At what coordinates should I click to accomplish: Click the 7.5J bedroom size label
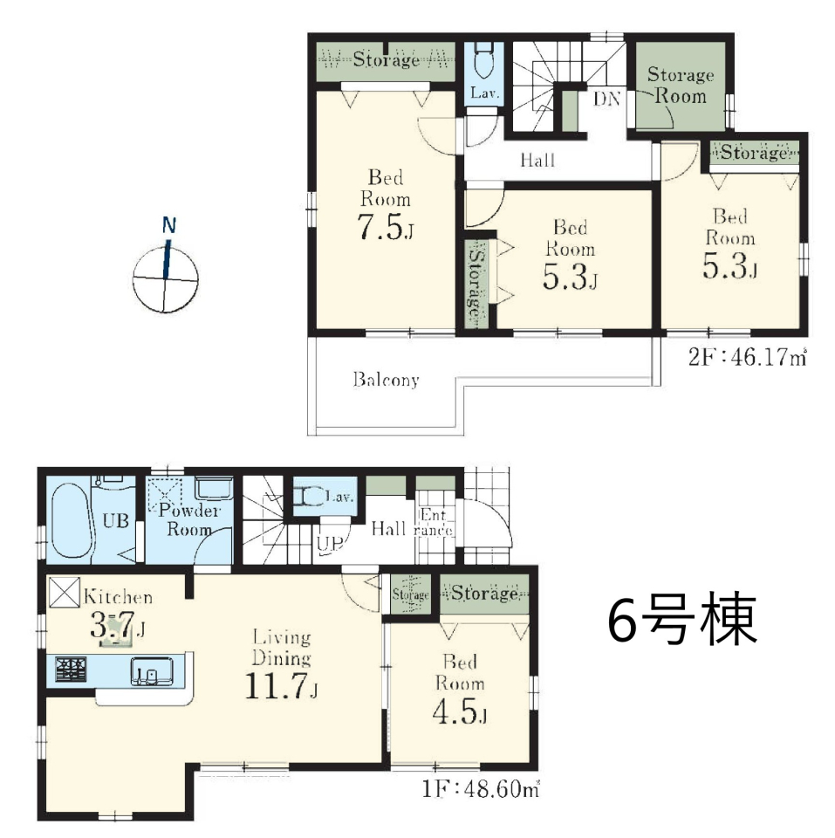click(385, 228)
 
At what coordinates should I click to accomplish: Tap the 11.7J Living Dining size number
click(281, 686)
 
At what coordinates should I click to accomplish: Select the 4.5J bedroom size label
click(460, 711)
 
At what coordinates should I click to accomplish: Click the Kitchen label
click(118, 596)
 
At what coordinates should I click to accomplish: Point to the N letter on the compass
click(168, 225)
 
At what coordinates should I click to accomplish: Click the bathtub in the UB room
click(72, 520)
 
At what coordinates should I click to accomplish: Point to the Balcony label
click(386, 380)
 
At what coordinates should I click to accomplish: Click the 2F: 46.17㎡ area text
click(747, 357)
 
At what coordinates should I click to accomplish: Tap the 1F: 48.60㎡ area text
click(480, 789)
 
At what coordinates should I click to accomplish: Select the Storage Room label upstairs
click(681, 86)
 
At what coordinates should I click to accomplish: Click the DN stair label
click(607, 99)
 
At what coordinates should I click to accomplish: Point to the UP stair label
click(329, 544)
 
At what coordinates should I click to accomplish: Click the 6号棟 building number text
click(682, 619)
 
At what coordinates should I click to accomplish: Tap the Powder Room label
click(189, 519)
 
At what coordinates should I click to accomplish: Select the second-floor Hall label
click(538, 160)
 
